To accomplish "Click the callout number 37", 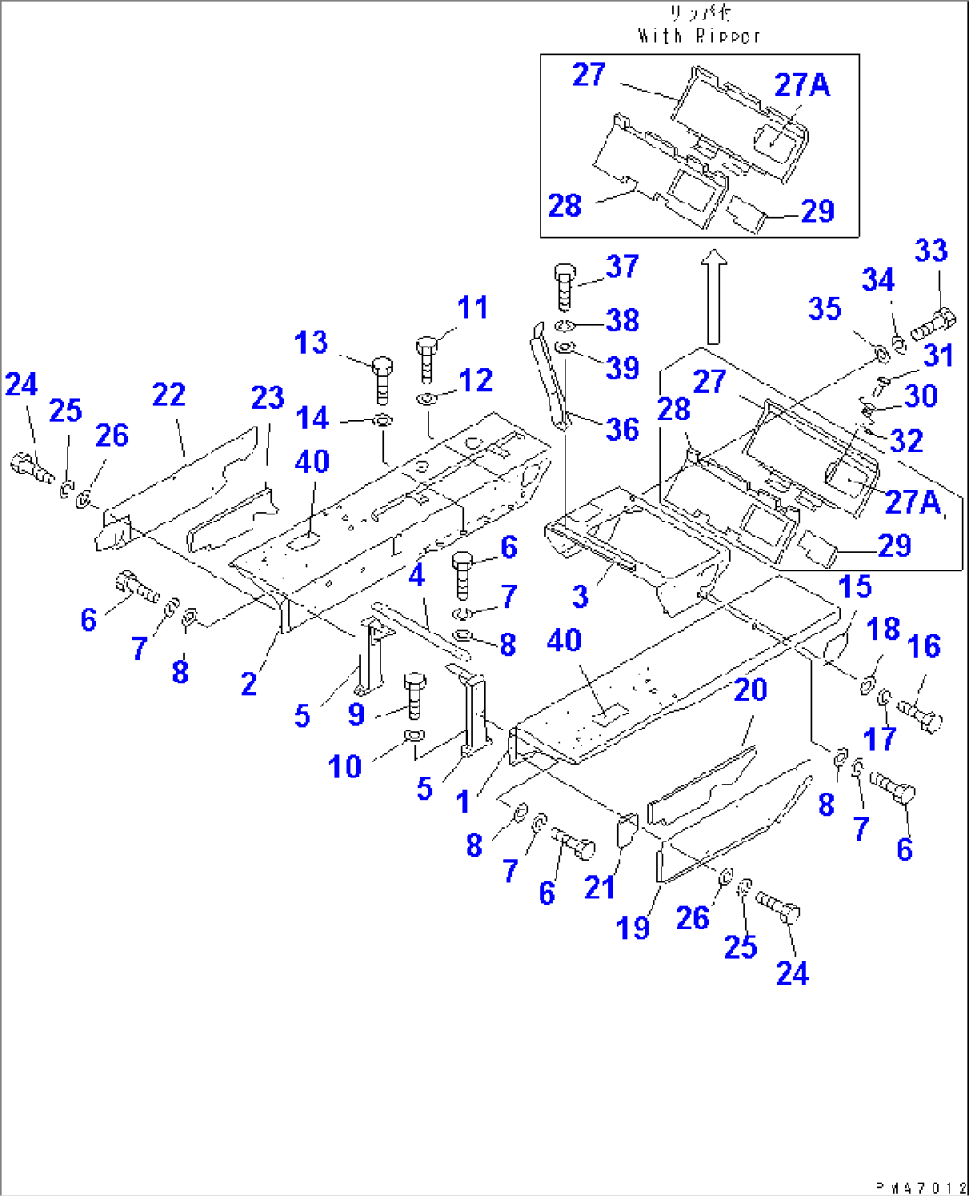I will point(622,267).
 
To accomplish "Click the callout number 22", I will point(168,395).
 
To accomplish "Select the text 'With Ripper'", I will point(699,36).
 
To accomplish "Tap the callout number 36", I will point(622,429).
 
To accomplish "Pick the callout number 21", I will point(599,887).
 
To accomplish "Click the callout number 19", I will point(633,928).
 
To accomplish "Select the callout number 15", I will point(855,586).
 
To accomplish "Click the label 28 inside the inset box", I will point(565,205).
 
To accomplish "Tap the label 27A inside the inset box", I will point(802,84).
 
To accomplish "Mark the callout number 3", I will point(580,596).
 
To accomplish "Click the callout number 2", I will point(249,683).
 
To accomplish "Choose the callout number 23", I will point(267,397).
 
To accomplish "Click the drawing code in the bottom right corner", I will point(920,1186).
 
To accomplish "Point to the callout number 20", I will point(750,690).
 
